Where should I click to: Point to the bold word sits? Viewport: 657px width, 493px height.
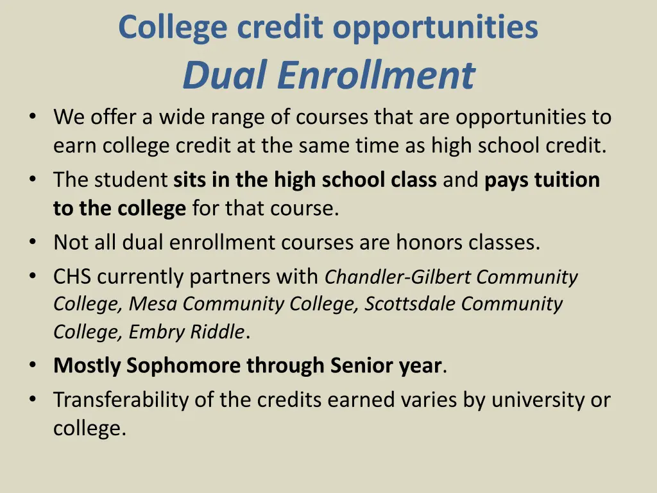pos(191,180)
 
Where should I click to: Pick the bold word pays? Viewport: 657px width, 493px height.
pos(508,180)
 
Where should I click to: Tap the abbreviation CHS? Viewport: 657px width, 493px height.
pos(73,277)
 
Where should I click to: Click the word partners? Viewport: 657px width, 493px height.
pos(232,277)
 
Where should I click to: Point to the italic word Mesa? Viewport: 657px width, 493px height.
pos(153,304)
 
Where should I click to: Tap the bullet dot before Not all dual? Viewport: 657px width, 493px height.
pos(32,243)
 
